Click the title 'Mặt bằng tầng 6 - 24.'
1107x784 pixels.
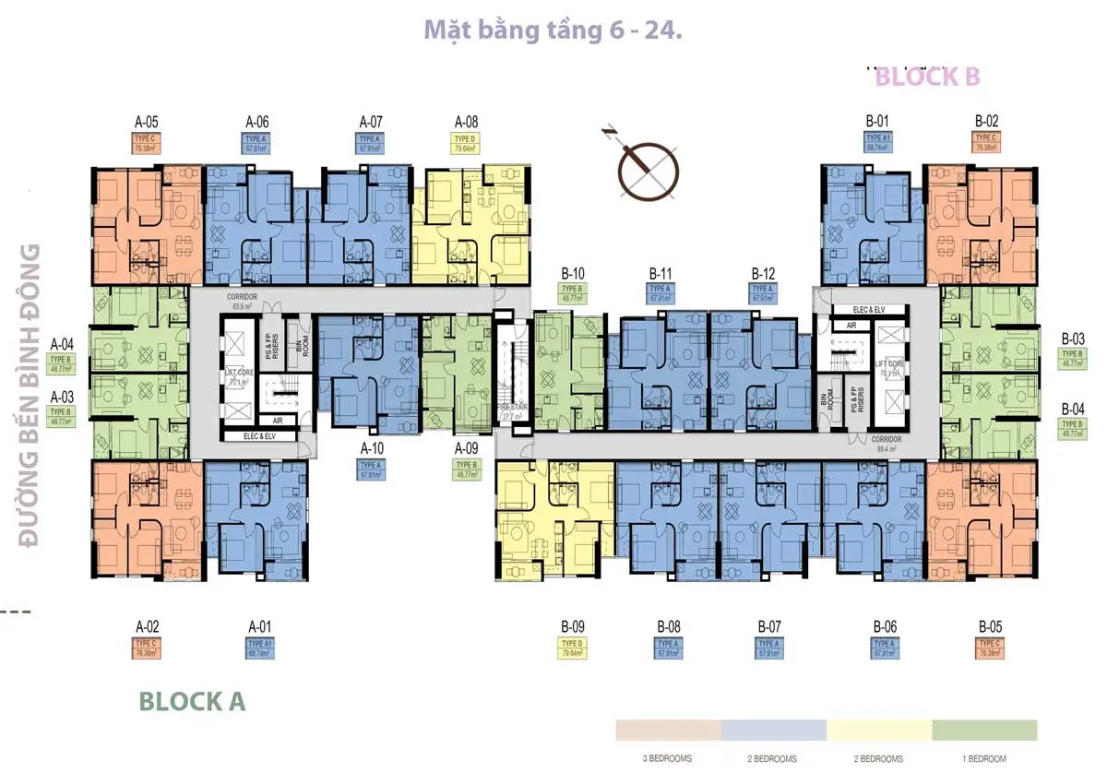point(553,30)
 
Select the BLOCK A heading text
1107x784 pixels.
point(192,701)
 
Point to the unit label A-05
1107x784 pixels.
point(147,121)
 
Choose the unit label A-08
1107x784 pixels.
point(467,121)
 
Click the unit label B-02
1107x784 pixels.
point(986,121)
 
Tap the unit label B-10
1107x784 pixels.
point(573,274)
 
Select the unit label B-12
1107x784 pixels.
point(763,274)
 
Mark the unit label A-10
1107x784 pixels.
point(372,448)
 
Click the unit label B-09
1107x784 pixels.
point(573,626)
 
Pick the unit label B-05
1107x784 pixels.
point(990,626)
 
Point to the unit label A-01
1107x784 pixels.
point(260,626)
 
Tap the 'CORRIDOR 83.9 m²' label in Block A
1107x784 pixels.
point(243,302)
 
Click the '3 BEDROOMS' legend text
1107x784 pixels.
point(668,758)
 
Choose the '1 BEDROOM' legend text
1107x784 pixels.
point(984,758)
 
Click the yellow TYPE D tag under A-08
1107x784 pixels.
point(467,142)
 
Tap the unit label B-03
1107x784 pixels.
point(1073,339)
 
